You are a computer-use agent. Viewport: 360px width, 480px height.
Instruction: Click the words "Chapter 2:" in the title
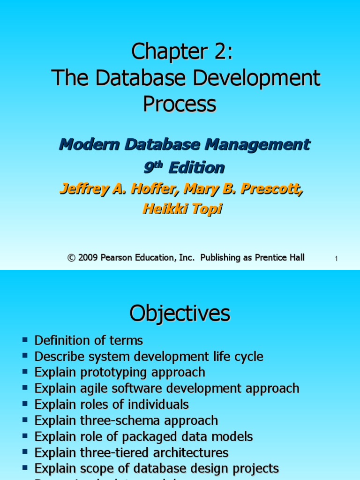click(x=182, y=52)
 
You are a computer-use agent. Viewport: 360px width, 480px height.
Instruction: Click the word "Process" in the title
click(x=180, y=104)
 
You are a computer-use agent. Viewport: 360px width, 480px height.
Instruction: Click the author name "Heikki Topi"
click(x=182, y=209)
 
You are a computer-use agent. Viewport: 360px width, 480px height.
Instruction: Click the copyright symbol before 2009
click(x=71, y=257)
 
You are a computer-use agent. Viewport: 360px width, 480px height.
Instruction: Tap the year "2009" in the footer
click(x=89, y=257)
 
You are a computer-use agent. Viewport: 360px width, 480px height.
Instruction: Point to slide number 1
click(x=337, y=259)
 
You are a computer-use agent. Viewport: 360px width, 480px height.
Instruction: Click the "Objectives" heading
click(x=180, y=314)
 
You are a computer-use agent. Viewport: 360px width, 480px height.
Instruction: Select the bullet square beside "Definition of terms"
click(x=25, y=339)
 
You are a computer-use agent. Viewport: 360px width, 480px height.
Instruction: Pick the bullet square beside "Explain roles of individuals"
click(x=25, y=404)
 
